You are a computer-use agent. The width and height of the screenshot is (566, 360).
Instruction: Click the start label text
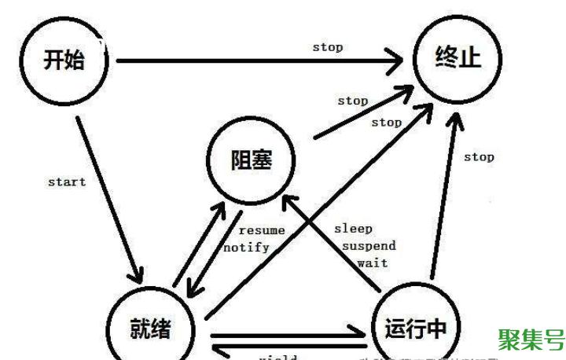pyautogui.click(x=66, y=182)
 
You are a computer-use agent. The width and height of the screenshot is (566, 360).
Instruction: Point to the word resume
pyautogui.click(x=262, y=230)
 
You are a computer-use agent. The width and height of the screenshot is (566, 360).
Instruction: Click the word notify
pyautogui.click(x=247, y=247)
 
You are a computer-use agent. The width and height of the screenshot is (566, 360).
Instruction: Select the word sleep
pyautogui.click(x=353, y=229)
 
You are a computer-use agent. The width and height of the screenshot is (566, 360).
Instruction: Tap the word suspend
pyautogui.click(x=369, y=246)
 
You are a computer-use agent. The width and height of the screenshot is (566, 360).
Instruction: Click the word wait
pyautogui.click(x=373, y=263)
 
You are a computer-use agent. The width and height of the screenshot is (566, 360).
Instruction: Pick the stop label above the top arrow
pyautogui.click(x=327, y=47)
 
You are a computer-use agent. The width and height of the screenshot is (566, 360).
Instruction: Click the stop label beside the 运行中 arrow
pyautogui.click(x=478, y=156)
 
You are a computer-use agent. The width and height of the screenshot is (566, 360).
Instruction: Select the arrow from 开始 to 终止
pyautogui.click(x=259, y=60)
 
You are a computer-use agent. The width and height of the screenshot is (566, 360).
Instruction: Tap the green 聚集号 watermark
pyautogui.click(x=532, y=339)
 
